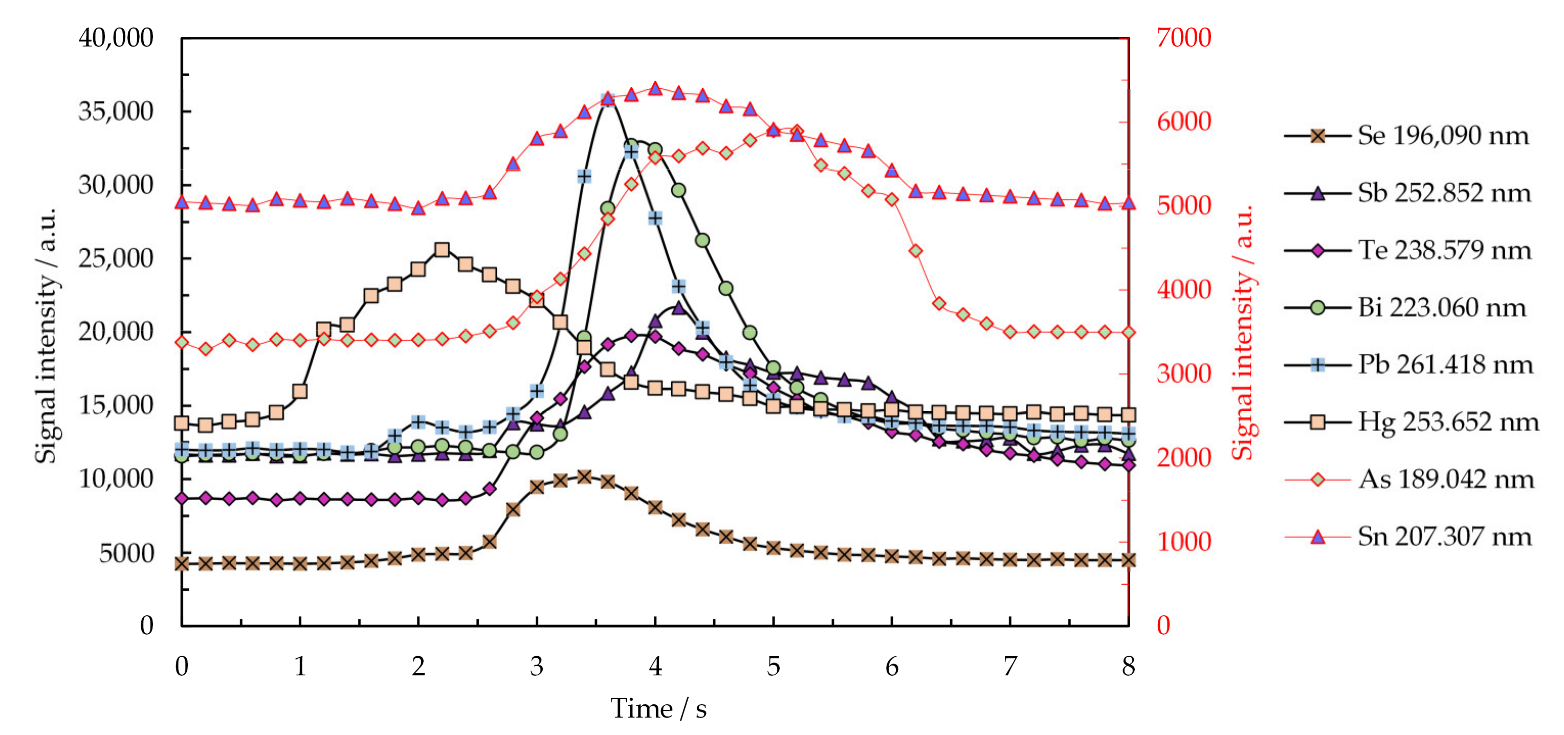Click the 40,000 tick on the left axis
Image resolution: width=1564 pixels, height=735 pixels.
coord(116,38)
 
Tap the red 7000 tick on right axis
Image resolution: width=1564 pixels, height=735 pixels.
coord(1183,38)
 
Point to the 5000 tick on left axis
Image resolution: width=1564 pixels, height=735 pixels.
coord(126,553)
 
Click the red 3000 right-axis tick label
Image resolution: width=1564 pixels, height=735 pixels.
coord(1183,374)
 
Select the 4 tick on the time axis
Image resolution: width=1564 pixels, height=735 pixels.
coord(655,666)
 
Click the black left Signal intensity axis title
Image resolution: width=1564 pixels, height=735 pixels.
coord(46,335)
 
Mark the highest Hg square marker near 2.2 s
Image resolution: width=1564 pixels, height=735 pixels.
coord(442,250)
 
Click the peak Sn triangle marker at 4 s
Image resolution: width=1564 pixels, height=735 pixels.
coord(655,89)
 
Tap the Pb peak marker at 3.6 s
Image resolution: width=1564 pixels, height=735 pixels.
coord(608,99)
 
